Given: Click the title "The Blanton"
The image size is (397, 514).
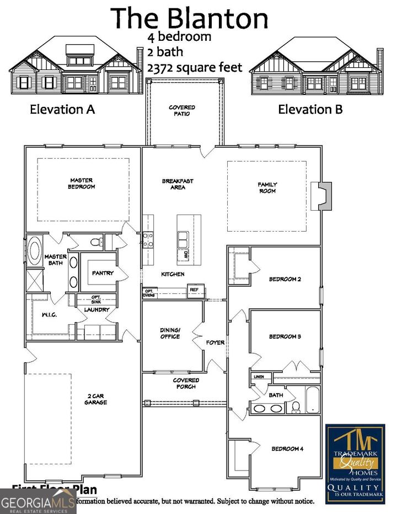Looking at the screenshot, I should [190, 18].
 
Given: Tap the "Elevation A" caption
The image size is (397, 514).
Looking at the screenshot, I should [62, 109].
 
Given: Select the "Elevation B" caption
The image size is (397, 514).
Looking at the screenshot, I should [310, 109].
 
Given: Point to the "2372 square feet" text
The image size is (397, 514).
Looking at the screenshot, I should [195, 67].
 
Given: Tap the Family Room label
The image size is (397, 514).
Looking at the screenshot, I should [267, 188].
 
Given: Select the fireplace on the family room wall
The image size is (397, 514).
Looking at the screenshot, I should [322, 196].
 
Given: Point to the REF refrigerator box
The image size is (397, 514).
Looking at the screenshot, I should [194, 290].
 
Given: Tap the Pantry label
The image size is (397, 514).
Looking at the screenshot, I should [103, 273].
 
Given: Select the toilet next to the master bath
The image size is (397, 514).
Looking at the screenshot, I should [95, 242].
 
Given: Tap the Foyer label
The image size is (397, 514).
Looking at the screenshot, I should [215, 342].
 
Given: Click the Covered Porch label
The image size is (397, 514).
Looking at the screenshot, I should [186, 383].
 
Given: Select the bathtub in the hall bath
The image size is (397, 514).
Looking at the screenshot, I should [312, 399].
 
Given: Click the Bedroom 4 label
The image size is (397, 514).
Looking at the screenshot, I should [287, 449].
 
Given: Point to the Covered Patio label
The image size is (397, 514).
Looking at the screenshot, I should [182, 110].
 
